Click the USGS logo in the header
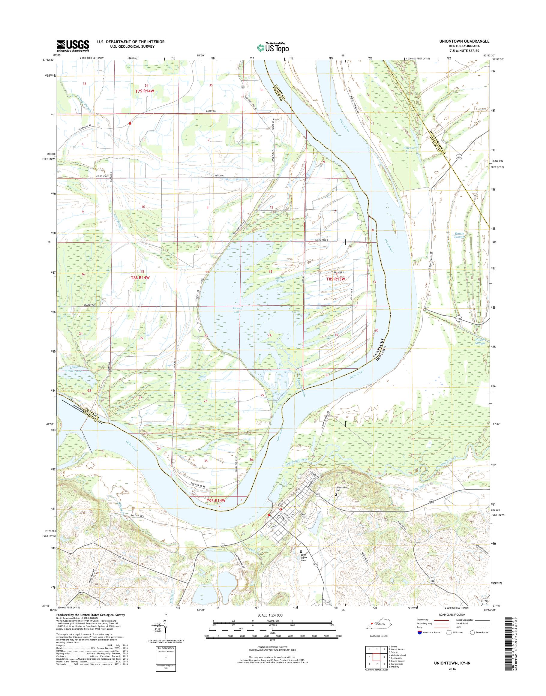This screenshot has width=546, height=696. pyautogui.click(x=73, y=46)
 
